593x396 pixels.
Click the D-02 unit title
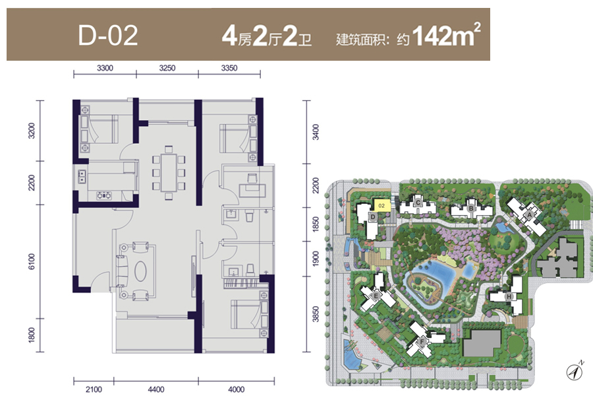(x=108, y=36)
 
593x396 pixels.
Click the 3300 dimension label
(x=105, y=68)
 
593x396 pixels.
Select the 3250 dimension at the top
(x=167, y=68)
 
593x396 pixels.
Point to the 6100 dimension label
(x=32, y=261)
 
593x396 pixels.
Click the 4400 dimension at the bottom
(x=155, y=389)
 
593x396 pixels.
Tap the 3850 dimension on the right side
(x=316, y=313)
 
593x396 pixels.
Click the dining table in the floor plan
(x=169, y=172)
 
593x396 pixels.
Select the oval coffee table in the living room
(x=140, y=271)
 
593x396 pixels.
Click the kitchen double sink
(x=82, y=177)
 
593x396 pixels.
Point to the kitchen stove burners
(x=103, y=195)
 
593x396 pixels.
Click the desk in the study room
(x=252, y=189)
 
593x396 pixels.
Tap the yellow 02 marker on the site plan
(x=381, y=205)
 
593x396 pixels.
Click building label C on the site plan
(x=418, y=203)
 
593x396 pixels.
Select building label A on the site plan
(x=530, y=215)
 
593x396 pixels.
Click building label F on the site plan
(x=422, y=342)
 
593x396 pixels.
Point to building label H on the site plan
(x=509, y=296)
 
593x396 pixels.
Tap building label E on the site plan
(x=376, y=296)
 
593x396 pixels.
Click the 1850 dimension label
(x=316, y=224)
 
